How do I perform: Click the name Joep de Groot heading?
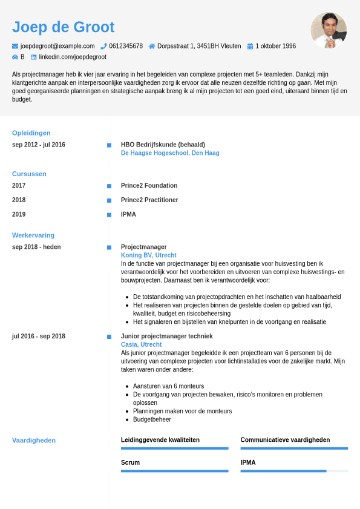pyautogui.click(x=63, y=27)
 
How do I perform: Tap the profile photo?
pyautogui.click(x=329, y=30)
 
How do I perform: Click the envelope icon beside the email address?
pyautogui.click(x=15, y=46)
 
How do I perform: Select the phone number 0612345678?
pyautogui.click(x=126, y=46)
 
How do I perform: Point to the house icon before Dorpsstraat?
pyautogui.click(x=151, y=46)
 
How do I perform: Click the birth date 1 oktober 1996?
pyautogui.click(x=275, y=46)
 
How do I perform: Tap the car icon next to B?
pyautogui.click(x=15, y=57)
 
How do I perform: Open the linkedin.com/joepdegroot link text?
pyautogui.click(x=73, y=57)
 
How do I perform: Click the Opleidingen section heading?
pyautogui.click(x=31, y=133)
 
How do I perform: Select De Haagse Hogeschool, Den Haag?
pyautogui.click(x=170, y=153)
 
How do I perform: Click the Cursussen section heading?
pyautogui.click(x=29, y=174)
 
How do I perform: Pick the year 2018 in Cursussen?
pyautogui.click(x=19, y=200)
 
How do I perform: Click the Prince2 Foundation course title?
pyautogui.click(x=149, y=186)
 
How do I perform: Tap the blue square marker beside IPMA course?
pyautogui.click(x=109, y=215)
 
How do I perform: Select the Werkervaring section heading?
pyautogui.click(x=33, y=235)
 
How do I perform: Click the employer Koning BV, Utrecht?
pyautogui.click(x=148, y=255)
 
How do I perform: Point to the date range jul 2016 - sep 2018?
pyautogui.click(x=39, y=337)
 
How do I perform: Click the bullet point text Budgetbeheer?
pyautogui.click(x=152, y=419)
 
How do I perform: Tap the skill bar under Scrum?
pyautogui.click(x=174, y=471)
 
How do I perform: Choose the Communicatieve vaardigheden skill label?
pyautogui.click(x=285, y=440)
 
